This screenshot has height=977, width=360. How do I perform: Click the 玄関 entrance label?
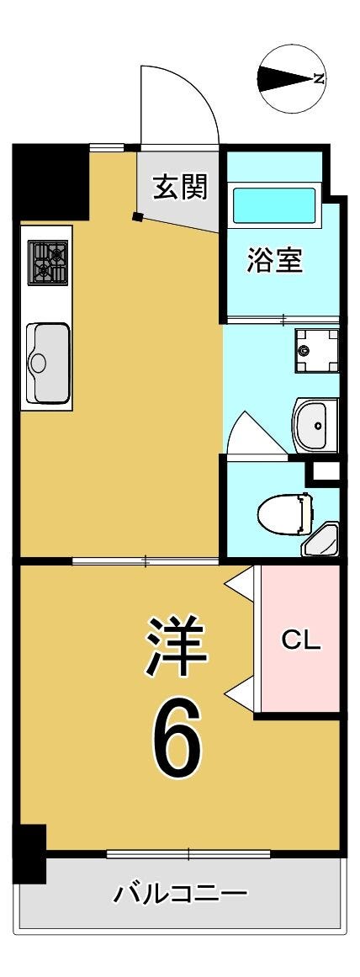coord(181,186)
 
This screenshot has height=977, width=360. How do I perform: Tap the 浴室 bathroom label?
coord(275,260)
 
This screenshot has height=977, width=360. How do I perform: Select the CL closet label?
coord(301,640)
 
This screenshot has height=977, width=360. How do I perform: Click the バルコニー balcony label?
coord(180,895)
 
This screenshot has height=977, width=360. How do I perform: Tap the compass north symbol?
coord(294,79)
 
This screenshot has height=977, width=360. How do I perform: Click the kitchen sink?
coord(47,362)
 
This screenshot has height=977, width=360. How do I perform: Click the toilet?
coord(284,513)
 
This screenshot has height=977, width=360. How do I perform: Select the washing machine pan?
coord(316,351)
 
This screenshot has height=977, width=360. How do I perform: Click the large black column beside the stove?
coord(51,182)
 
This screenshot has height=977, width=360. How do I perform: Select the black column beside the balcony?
coord(30,853)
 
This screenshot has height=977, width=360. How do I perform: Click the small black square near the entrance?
coord(138,217)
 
